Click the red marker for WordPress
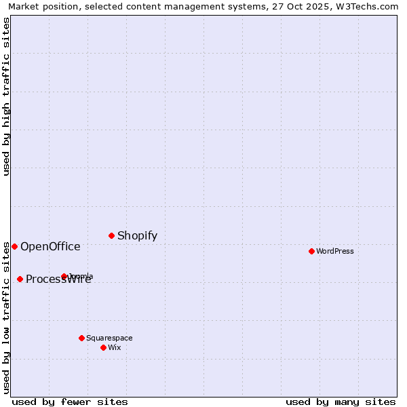click(x=311, y=251)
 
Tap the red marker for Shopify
click(x=111, y=235)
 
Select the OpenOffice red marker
click(x=14, y=246)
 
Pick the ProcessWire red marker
click(x=20, y=279)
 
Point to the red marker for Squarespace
click(x=81, y=338)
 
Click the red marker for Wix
click(x=103, y=347)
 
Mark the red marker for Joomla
click(x=64, y=276)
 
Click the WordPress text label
click(x=335, y=251)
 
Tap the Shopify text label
click(x=137, y=236)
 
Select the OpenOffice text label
click(x=50, y=247)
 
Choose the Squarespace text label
click(x=109, y=338)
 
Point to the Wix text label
click(x=115, y=347)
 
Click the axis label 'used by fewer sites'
click(x=70, y=402)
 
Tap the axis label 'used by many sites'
click(x=341, y=402)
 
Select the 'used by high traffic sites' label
click(x=7, y=96)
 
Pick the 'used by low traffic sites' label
click(x=7, y=317)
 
